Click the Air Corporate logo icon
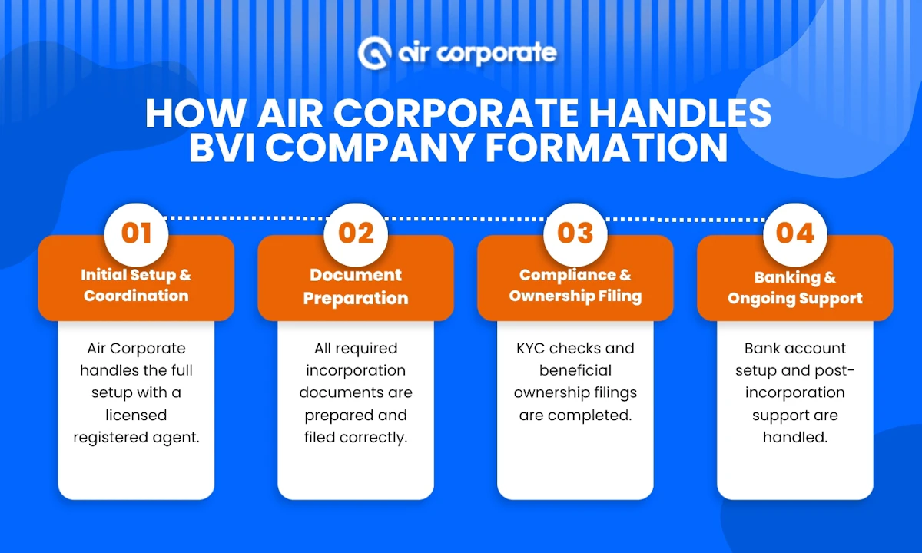point(376,51)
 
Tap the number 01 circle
point(136,233)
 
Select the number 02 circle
point(356,233)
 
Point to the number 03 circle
point(575,233)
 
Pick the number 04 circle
point(795,233)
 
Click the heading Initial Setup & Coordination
point(136,285)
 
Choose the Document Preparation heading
point(356,286)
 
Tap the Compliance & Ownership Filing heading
point(575,285)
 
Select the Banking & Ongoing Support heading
point(795,287)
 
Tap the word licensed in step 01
point(136,415)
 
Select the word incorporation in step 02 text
point(356,370)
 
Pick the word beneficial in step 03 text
point(575,370)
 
